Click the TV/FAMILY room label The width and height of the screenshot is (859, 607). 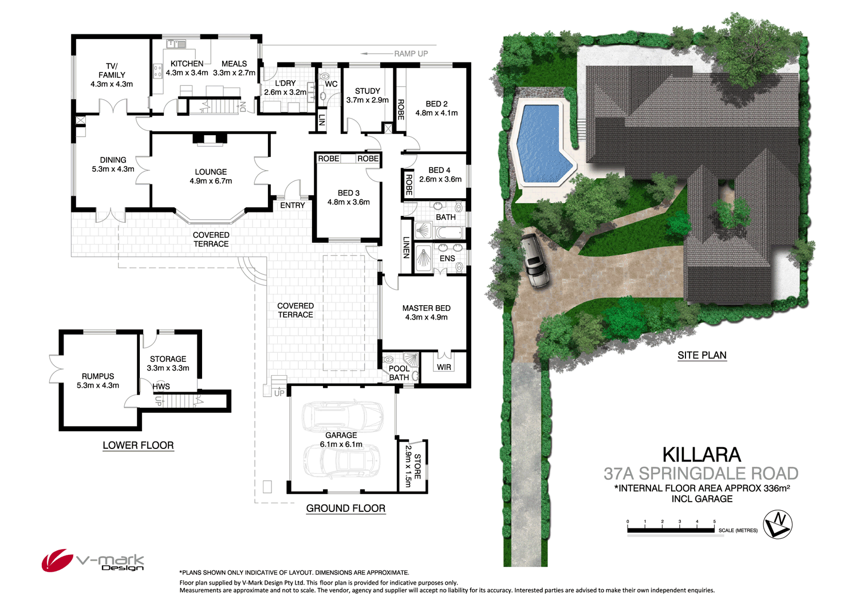[112, 75]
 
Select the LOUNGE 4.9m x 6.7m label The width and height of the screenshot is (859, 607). [211, 176]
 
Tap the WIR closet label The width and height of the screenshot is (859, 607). [444, 367]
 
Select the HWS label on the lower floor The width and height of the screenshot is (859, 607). [161, 387]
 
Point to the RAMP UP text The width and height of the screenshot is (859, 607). [411, 54]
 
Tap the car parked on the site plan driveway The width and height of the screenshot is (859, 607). [535, 261]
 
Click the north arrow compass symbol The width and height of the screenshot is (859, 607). [778, 523]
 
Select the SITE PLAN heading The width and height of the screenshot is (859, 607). [702, 355]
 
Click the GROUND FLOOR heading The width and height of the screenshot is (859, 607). [345, 508]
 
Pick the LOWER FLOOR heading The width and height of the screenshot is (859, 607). [138, 446]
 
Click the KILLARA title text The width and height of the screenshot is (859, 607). [702, 455]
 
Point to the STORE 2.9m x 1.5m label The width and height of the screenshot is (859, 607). [413, 466]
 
